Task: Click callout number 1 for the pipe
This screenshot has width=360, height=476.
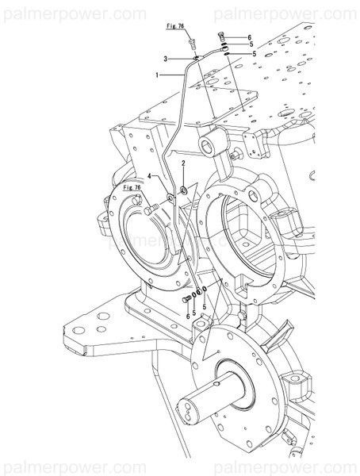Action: coord(159,75)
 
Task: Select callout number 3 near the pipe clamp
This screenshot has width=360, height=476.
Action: coord(165,59)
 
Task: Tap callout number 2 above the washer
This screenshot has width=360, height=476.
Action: coord(183,163)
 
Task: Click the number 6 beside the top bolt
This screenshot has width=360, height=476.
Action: coord(249,37)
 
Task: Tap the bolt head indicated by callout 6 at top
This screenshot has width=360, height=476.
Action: coord(221,36)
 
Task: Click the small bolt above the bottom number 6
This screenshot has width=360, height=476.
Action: coord(186,299)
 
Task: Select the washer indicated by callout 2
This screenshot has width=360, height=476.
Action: coord(183,189)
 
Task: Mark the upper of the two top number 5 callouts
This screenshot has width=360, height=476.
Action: coord(249,45)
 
